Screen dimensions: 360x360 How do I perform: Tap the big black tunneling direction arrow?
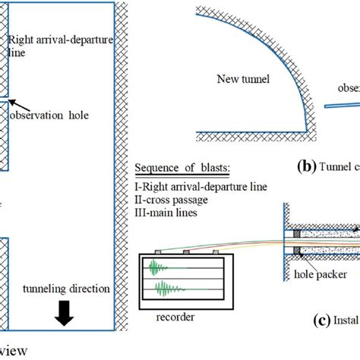[65, 314]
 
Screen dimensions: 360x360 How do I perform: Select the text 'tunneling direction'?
[66, 289]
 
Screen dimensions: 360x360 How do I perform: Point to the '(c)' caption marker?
[300, 321]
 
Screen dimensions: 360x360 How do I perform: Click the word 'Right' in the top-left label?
[21, 35]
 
